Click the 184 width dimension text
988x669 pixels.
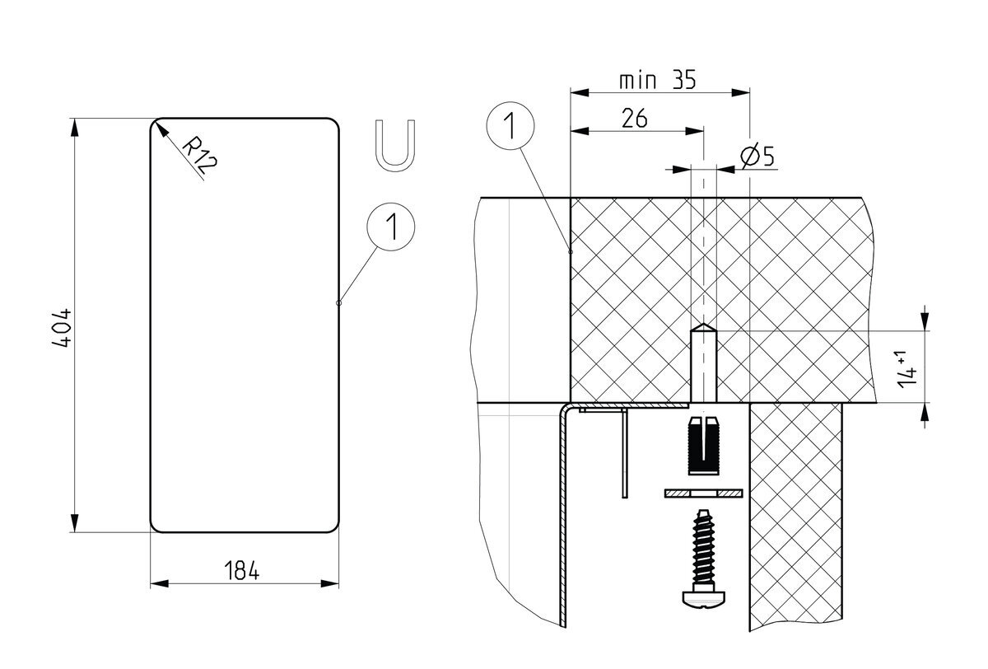241,570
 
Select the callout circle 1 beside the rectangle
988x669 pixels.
391,226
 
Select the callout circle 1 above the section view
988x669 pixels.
510,127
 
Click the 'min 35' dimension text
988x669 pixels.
658,81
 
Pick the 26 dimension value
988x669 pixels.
634,119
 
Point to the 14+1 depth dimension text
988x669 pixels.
908,367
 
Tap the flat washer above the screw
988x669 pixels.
702,493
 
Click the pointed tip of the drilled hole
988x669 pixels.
703,326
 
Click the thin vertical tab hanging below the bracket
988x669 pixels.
626,453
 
